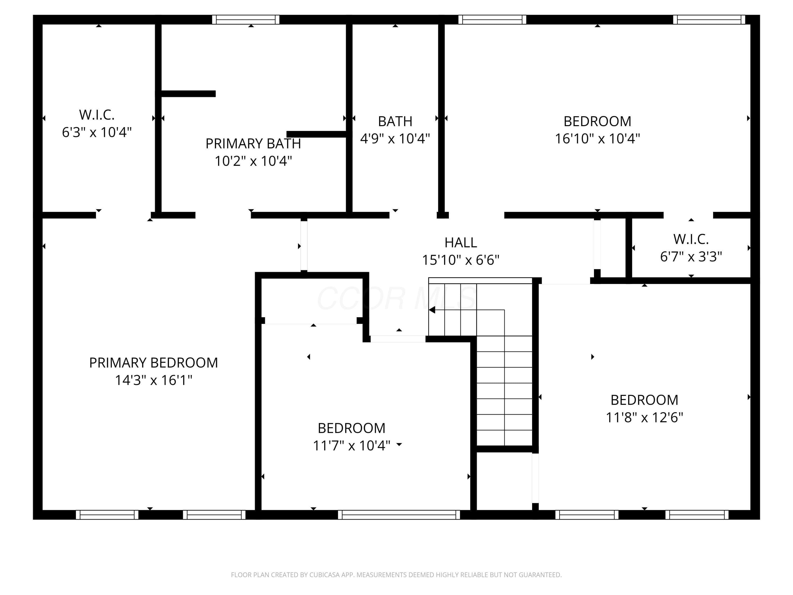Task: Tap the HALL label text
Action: click(x=461, y=242)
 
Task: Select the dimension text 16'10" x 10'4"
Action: click(x=597, y=139)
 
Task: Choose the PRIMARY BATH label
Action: click(x=253, y=143)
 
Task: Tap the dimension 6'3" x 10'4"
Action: click(x=97, y=132)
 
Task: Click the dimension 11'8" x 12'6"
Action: click(x=644, y=418)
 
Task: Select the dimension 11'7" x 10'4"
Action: click(x=351, y=445)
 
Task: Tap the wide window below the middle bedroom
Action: click(x=399, y=515)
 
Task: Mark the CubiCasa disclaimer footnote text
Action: click(x=396, y=575)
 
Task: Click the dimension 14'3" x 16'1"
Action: click(x=153, y=380)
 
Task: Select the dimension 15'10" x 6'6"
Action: click(x=461, y=260)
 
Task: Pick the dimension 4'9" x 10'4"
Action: click(x=395, y=139)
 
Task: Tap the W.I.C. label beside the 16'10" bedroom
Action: click(x=691, y=239)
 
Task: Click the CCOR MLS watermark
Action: click(x=396, y=298)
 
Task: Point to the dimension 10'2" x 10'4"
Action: click(x=253, y=161)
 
